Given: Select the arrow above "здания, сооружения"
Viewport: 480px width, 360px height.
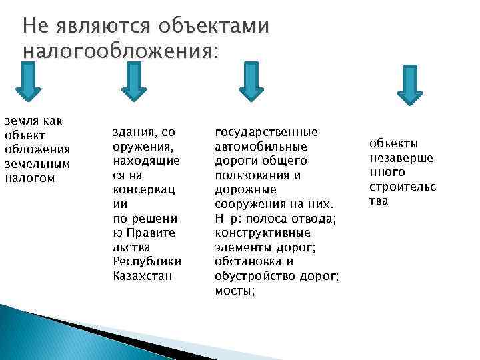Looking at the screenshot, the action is point(134,83).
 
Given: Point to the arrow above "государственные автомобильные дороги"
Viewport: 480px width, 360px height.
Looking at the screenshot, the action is point(251,83).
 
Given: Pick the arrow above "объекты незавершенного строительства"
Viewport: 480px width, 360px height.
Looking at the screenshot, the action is point(409,85).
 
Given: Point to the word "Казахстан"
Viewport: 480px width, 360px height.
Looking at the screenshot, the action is point(143,275).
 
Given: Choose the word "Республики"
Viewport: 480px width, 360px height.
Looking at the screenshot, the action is point(147,261).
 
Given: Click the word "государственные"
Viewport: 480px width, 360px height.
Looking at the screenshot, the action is point(266,132).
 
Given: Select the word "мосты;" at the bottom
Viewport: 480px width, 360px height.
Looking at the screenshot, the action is point(235,290).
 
